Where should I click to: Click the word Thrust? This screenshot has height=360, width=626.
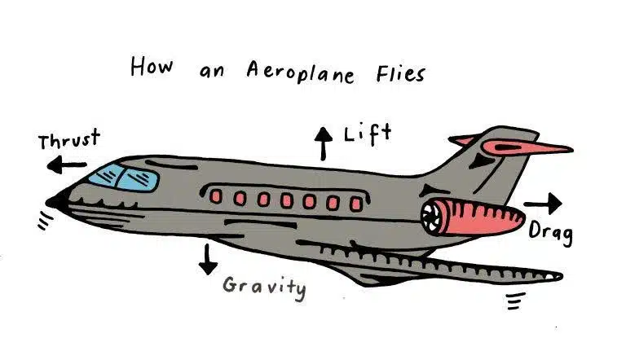(x=68, y=141)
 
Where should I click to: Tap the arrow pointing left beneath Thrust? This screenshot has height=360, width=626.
(x=66, y=166)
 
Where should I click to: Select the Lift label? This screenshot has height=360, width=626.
(x=368, y=134)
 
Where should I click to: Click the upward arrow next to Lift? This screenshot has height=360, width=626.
(x=324, y=143)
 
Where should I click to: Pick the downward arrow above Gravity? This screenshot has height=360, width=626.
(x=209, y=258)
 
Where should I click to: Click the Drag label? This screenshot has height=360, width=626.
(x=551, y=232)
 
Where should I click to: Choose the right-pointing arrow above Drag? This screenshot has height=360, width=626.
(x=542, y=203)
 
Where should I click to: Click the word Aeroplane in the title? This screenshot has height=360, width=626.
(x=301, y=72)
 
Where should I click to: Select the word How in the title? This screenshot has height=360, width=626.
(x=152, y=67)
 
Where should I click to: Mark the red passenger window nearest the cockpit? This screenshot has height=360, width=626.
(x=216, y=196)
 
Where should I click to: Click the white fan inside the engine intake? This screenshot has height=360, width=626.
(x=431, y=217)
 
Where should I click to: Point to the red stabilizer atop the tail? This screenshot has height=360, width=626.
(x=522, y=147)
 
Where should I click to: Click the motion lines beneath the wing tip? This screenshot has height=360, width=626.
(x=514, y=303)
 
